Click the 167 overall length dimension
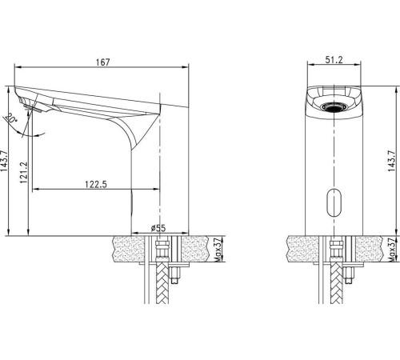[x=102, y=62]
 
